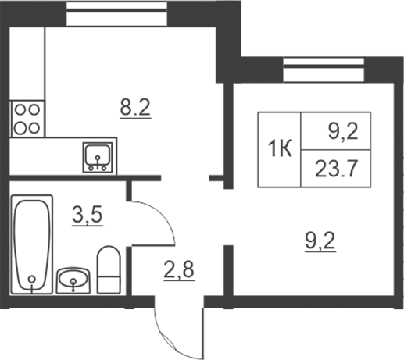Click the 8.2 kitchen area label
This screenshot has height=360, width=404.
click(x=135, y=108)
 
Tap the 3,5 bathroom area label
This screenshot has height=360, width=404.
click(x=88, y=216)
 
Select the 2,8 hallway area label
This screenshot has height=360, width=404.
click(x=179, y=269)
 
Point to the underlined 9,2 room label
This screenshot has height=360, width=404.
click(x=320, y=241)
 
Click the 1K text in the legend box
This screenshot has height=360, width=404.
click(x=280, y=149)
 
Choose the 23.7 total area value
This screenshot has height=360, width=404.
click(x=335, y=169)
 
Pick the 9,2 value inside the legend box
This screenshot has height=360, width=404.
click(x=343, y=132)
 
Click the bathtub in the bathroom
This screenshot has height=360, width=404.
click(x=32, y=244)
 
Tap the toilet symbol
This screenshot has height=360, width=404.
click(x=109, y=269)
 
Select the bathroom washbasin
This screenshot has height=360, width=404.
click(x=73, y=280)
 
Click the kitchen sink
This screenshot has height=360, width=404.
click(x=98, y=158)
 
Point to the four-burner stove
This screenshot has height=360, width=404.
click(x=27, y=119)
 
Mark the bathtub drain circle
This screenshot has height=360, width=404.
click(x=32, y=280)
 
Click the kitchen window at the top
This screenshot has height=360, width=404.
click(x=116, y=13)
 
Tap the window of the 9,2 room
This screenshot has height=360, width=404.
click(x=324, y=70)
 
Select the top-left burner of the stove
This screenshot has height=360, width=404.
click(x=20, y=109)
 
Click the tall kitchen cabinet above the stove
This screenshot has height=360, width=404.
click(x=27, y=64)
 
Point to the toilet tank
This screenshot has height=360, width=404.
click(x=109, y=285)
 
